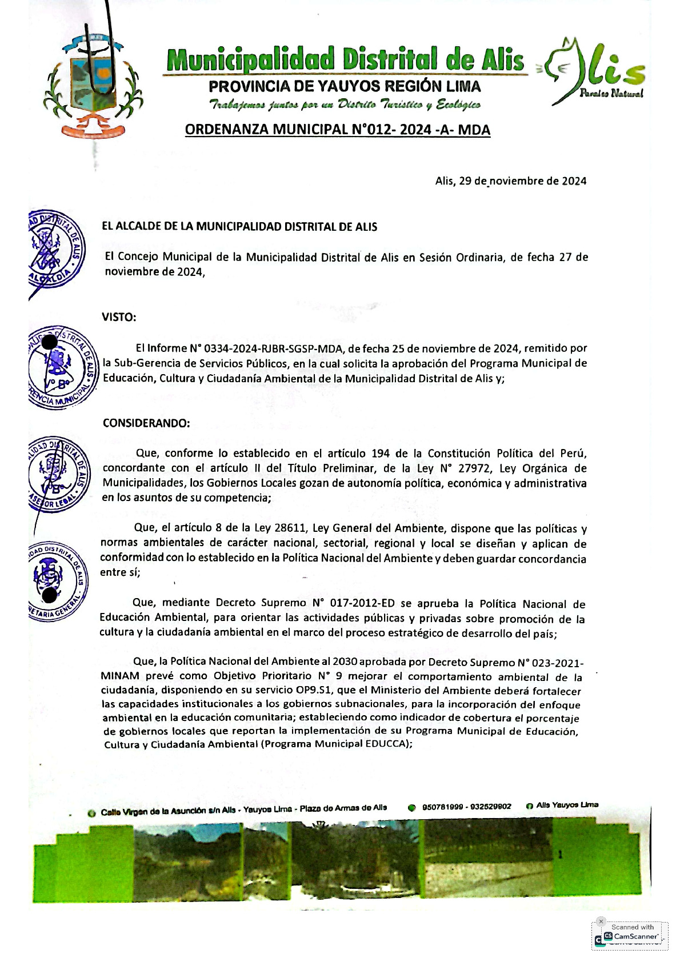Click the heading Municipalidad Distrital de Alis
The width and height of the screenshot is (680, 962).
tap(345, 60)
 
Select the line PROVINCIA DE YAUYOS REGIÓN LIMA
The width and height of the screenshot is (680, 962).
tap(345, 87)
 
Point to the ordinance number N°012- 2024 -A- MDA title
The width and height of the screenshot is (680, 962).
tap(338, 130)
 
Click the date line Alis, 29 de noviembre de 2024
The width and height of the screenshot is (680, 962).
tap(510, 181)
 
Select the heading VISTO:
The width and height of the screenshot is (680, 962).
tap(119, 317)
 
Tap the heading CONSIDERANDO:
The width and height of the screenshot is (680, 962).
tap(146, 423)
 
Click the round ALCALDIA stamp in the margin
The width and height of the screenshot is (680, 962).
tap(56, 249)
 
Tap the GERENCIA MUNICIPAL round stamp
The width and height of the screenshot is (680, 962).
tap(62, 366)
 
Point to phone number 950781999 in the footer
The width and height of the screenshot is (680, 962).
tap(442, 807)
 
